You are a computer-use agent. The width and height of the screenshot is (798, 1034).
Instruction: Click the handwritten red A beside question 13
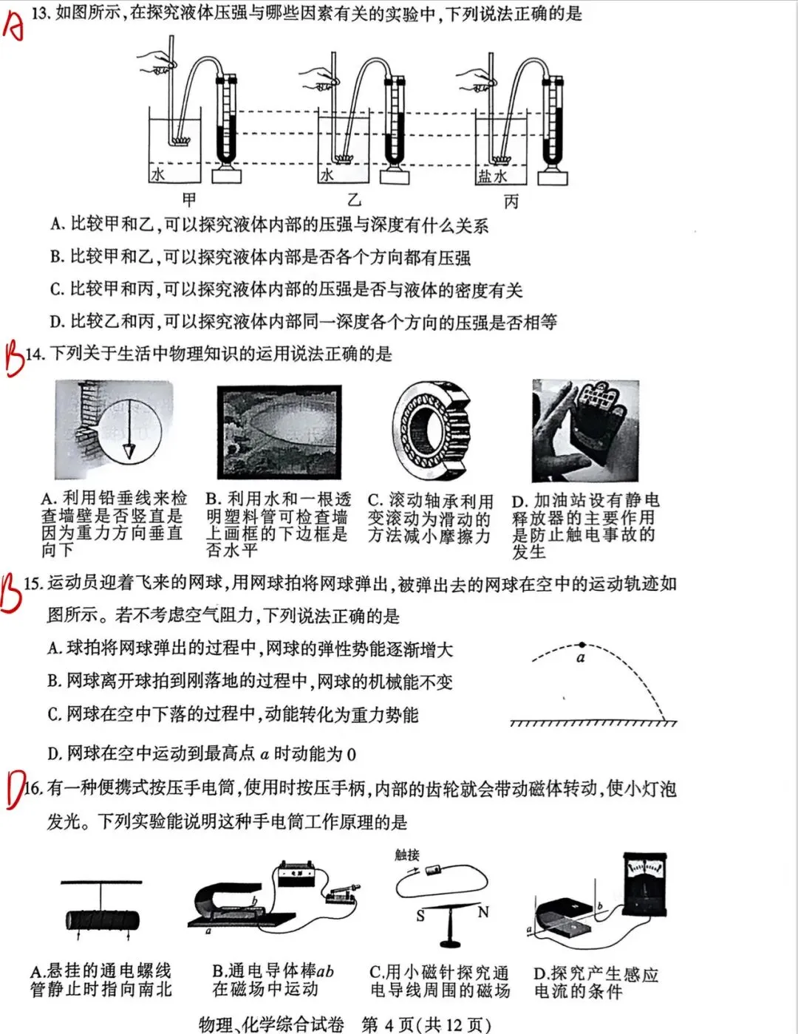coord(13,24)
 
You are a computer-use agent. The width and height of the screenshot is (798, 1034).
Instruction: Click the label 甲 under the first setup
coord(189,199)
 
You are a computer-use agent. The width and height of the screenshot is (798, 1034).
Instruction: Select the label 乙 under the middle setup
coord(355,199)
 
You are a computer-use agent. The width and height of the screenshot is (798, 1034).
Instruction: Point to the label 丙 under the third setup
coord(511,201)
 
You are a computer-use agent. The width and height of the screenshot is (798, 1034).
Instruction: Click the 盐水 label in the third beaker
coord(492,176)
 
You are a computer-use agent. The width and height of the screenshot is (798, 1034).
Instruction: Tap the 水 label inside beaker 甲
coord(157,174)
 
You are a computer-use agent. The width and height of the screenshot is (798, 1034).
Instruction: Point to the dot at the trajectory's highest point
coord(582,645)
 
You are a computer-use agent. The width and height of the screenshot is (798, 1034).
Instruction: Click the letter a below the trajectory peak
coord(581,658)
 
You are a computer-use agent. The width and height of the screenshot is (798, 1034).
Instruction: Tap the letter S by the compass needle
coord(420,916)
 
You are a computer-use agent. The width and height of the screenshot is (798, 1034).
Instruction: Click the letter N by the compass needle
coord(483,912)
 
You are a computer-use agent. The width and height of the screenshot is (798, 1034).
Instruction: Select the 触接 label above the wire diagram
coord(407,855)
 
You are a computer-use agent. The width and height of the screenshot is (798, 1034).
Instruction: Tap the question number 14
coord(35,354)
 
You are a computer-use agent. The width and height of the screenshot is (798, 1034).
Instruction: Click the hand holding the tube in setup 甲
coord(157,65)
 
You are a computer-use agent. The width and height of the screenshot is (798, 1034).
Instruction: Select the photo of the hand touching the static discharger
coord(585,431)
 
